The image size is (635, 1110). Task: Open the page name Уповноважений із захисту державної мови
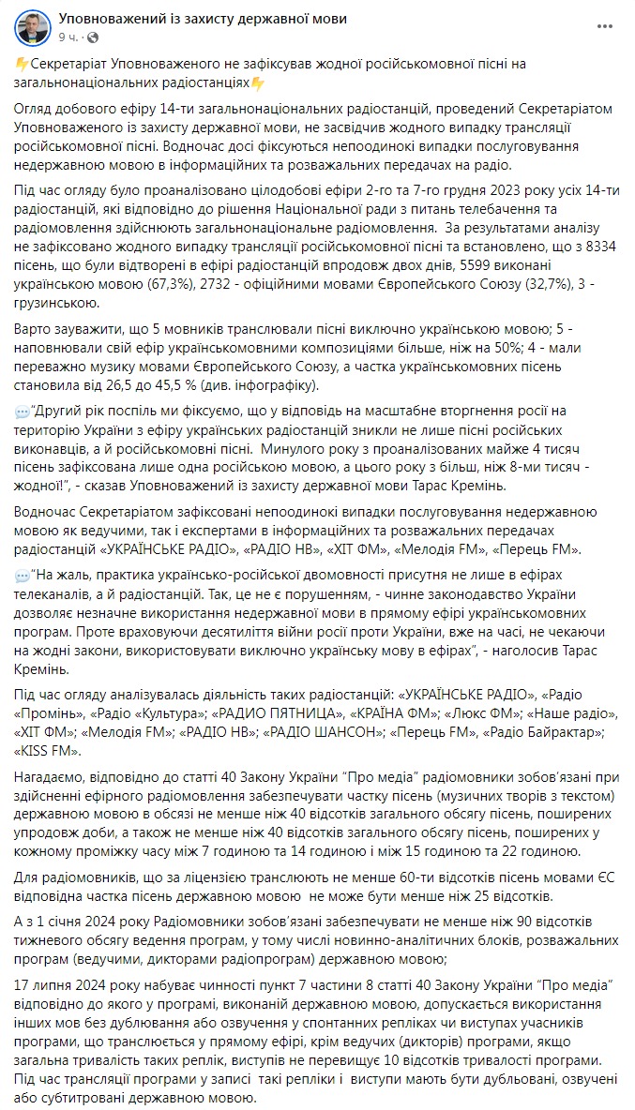pyautogui.click(x=189, y=18)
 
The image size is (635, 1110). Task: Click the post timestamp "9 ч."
pyautogui.click(x=68, y=37)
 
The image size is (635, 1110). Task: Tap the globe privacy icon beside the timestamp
pyautogui.click(x=92, y=37)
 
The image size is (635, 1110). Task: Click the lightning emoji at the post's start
pyautogui.click(x=22, y=64)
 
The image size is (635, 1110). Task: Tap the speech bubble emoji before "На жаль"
pyautogui.click(x=22, y=574)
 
